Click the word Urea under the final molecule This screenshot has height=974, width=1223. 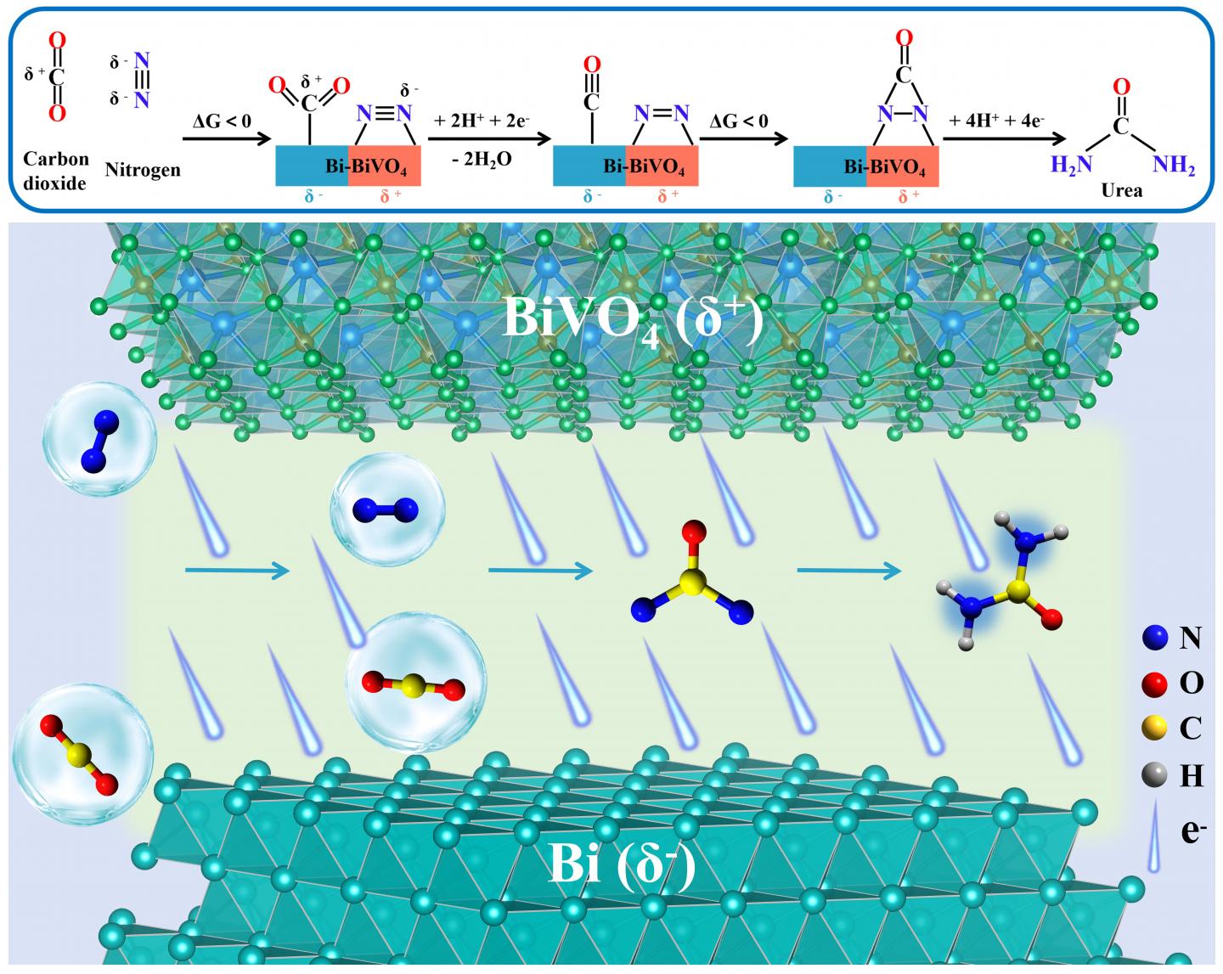(x=1121, y=190)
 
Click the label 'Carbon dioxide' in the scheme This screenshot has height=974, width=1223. (x=55, y=171)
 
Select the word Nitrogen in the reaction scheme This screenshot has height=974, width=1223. (x=143, y=169)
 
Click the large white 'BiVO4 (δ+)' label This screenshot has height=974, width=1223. (x=633, y=318)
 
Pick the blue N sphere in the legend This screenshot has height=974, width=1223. (x=1153, y=637)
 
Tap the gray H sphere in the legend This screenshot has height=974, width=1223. (x=1153, y=774)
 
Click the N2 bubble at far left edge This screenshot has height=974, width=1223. (x=99, y=439)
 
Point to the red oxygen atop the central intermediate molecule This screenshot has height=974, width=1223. (x=694, y=533)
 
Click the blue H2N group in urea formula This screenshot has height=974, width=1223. (x=1070, y=165)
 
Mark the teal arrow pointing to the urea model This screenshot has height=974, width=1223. (x=848, y=571)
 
